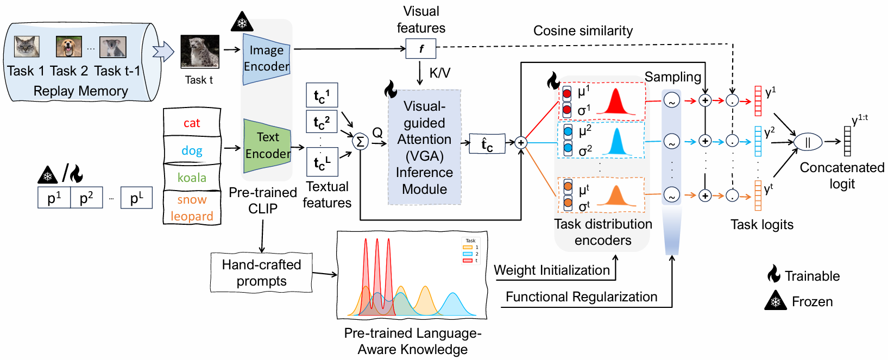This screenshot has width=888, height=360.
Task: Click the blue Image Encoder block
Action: pyautogui.click(x=266, y=59)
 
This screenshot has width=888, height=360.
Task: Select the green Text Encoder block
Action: pyautogui.click(x=267, y=146)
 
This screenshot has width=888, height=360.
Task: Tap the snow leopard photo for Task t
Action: pyautogui.click(x=200, y=52)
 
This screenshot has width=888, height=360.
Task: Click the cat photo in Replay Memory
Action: pyautogui.click(x=27, y=47)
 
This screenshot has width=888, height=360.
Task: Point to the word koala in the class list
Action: pyautogui.click(x=192, y=178)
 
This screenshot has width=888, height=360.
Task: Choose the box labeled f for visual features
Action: pyautogui.click(x=421, y=49)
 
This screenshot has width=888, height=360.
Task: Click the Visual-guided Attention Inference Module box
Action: pyautogui.click(x=424, y=147)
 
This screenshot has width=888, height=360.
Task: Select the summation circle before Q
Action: pyautogui.click(x=360, y=142)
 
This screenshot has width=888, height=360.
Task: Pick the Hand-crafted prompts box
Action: pyautogui.click(x=261, y=273)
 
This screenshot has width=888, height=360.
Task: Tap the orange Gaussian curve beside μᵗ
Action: pyautogui.click(x=616, y=197)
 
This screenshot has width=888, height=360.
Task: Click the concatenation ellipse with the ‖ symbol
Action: pyautogui.click(x=808, y=142)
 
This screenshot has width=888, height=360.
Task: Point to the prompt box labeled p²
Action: pyautogui.click(x=86, y=198)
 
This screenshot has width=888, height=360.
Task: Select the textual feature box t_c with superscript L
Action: pyautogui.click(x=322, y=162)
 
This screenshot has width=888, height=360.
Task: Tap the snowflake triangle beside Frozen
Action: pyautogui.click(x=776, y=301)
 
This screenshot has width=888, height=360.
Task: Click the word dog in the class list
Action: pyautogui.click(x=192, y=150)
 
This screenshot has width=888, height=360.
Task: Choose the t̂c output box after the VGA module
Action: pyautogui.click(x=487, y=144)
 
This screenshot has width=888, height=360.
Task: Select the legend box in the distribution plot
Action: pyautogui.click(x=470, y=250)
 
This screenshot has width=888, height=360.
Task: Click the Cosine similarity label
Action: pyautogui.click(x=583, y=31)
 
